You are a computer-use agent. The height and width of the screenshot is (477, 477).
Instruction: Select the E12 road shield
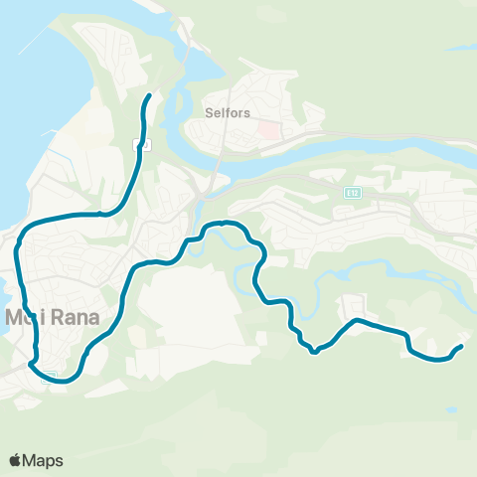[x=353, y=191]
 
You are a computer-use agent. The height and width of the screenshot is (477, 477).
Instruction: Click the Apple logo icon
[x=16, y=460]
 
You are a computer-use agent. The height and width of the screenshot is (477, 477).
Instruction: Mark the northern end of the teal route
[x=149, y=95]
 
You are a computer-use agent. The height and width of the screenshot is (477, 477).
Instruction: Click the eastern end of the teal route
[x=462, y=346]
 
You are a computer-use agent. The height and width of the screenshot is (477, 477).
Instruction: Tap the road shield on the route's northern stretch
[x=144, y=144]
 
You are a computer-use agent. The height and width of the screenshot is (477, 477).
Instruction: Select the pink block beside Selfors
[x=268, y=129]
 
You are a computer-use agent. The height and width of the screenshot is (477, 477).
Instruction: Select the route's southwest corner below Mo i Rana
[x=33, y=364]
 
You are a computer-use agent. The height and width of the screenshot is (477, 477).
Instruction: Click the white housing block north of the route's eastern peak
[x=353, y=302]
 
